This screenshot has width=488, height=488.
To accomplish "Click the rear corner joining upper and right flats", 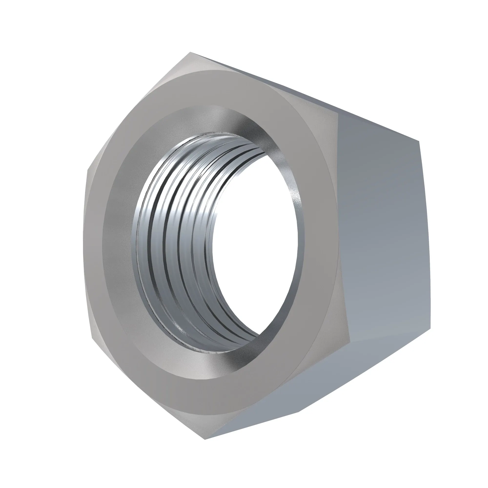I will point(419,142).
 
